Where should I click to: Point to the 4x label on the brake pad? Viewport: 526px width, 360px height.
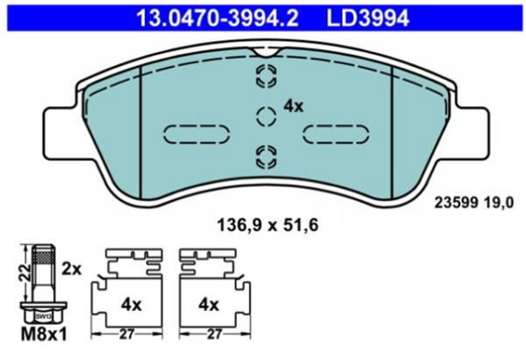[293, 107]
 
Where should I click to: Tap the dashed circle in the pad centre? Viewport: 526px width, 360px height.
[266, 114]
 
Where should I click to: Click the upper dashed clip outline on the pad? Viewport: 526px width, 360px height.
[266, 76]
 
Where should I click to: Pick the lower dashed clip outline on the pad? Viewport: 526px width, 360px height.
[266, 156]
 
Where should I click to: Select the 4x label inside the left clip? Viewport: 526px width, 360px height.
[131, 305]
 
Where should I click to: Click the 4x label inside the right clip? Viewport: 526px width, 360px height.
[208, 305]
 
